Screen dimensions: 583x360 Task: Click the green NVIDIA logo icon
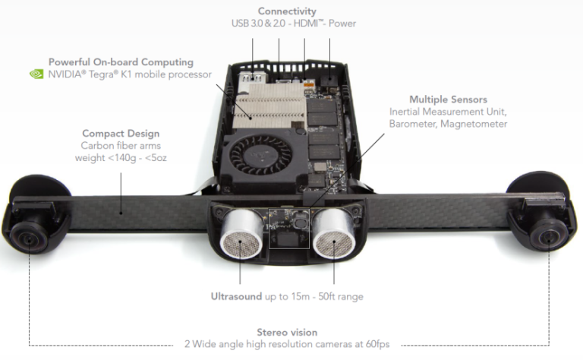(x=36, y=74)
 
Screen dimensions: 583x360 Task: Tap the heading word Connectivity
(x=287, y=11)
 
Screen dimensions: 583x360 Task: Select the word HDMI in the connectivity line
(x=306, y=24)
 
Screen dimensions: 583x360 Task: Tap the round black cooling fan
(x=260, y=155)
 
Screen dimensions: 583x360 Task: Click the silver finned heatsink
(x=269, y=106)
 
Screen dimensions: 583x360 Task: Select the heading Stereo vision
(x=287, y=332)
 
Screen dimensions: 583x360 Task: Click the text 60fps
(x=377, y=344)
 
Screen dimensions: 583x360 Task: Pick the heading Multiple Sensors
(x=448, y=99)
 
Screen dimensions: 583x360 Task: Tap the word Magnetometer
(x=474, y=124)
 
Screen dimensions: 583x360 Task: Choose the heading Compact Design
(x=121, y=133)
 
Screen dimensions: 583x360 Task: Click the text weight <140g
(x=106, y=158)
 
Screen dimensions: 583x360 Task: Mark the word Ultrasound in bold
(x=237, y=296)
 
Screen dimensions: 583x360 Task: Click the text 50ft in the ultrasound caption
(x=327, y=296)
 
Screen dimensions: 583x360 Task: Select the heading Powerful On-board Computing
(x=121, y=62)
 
